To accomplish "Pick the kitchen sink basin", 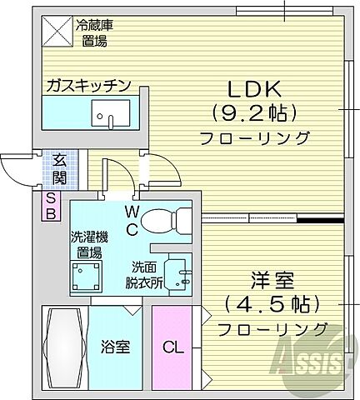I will point(107,113).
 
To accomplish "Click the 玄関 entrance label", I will point(59,169).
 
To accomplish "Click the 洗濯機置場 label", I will point(85,242).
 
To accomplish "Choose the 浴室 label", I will point(116,344).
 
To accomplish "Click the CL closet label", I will point(173,344).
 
